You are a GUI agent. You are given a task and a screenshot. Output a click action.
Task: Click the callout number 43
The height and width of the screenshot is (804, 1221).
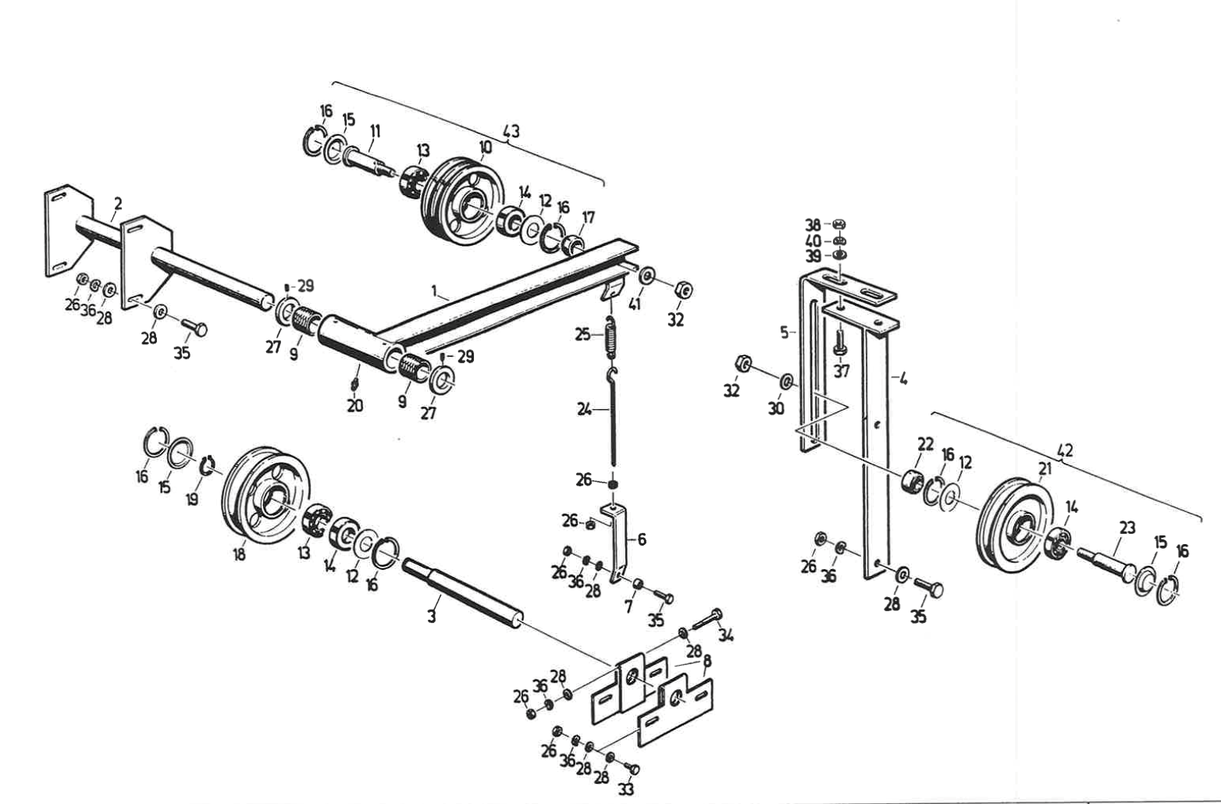[x=511, y=130]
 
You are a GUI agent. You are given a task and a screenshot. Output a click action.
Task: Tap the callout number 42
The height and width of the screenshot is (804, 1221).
[x=1064, y=450]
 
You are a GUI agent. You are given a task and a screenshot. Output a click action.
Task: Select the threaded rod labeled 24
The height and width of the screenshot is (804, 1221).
[x=613, y=422]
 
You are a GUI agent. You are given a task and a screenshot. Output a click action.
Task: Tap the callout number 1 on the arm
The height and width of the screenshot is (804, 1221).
[x=434, y=290]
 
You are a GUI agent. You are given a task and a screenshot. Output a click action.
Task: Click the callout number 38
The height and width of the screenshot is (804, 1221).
[x=813, y=223]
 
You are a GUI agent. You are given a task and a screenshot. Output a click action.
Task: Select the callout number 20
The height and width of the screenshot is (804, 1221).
[x=354, y=405]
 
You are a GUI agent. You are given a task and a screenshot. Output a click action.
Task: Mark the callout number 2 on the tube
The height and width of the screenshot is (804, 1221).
[x=118, y=204]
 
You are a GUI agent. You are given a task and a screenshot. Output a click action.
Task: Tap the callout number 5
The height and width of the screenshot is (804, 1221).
[x=785, y=333]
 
